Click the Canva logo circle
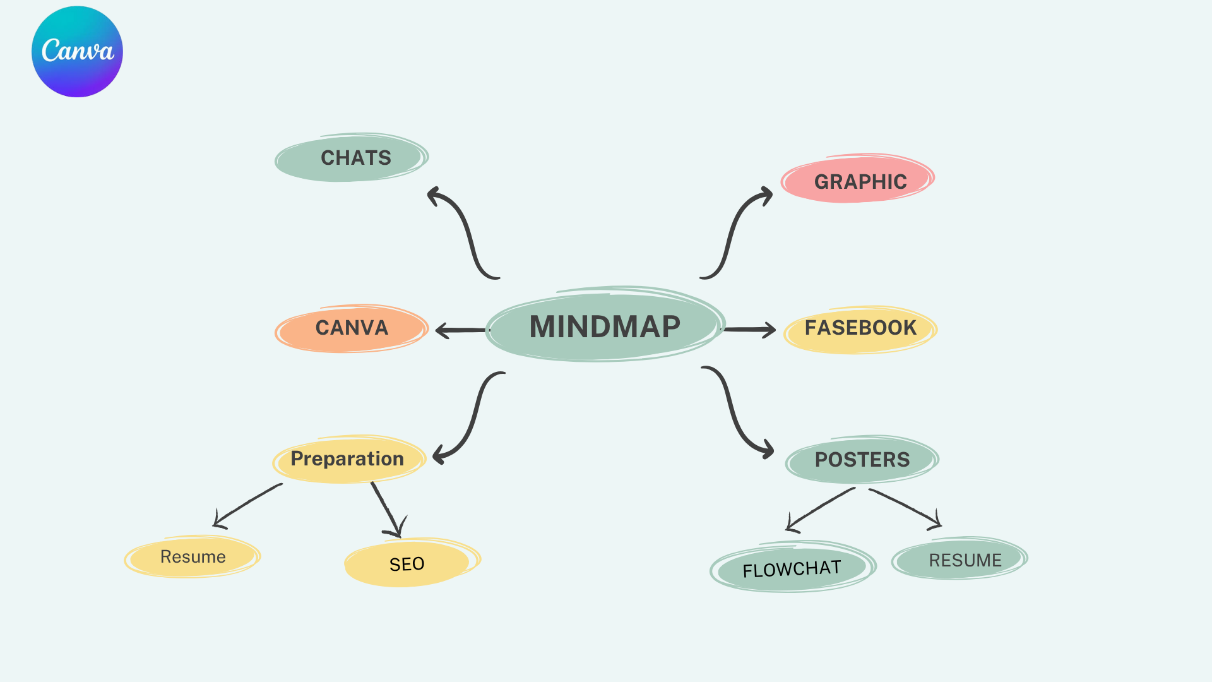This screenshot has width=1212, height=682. [x=77, y=52]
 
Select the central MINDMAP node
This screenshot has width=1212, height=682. [x=605, y=326]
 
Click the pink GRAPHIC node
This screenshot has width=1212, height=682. [x=858, y=180]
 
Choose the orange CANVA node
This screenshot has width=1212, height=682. [x=352, y=328]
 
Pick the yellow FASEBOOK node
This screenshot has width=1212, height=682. [x=860, y=329]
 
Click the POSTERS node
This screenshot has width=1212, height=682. [x=862, y=460]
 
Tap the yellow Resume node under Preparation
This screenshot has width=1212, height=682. [x=193, y=556]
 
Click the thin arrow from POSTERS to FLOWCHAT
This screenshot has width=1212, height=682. [x=820, y=508]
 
